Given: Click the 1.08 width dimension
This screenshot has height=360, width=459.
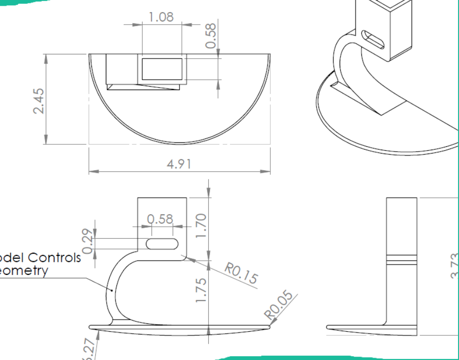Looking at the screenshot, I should click(x=161, y=17).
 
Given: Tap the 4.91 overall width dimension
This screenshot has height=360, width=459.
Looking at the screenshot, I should click(x=179, y=164).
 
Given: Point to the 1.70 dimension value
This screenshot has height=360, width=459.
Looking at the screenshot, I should click(x=201, y=224).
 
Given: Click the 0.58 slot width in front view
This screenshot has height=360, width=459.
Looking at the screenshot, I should click(x=160, y=219).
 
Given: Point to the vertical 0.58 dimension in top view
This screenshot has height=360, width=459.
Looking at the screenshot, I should click(x=211, y=36).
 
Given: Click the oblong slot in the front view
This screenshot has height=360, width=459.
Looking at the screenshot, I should click(x=161, y=244).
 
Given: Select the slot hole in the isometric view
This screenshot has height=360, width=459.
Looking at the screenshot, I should click(x=373, y=40).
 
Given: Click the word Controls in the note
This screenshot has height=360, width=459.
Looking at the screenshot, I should click(x=54, y=257).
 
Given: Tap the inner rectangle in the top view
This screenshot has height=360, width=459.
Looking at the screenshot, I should click(x=162, y=69).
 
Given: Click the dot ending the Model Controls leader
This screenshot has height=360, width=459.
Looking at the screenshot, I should click(x=113, y=290).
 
